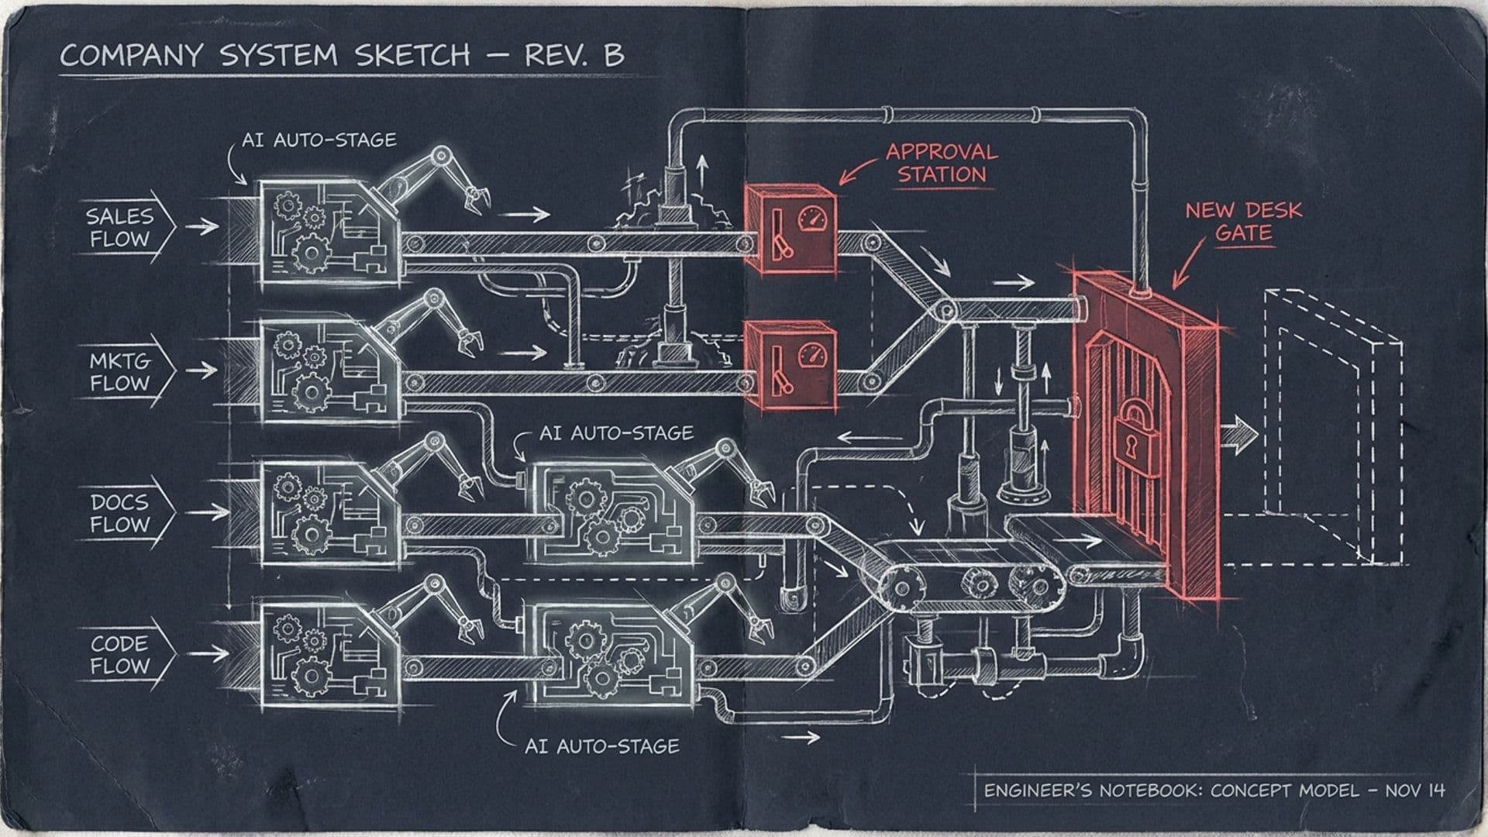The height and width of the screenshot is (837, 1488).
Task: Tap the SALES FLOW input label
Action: [119, 227]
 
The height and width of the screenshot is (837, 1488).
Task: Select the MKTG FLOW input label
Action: [119, 372]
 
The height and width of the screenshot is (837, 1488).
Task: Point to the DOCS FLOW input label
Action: [119, 513]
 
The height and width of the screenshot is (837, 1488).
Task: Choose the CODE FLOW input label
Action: [119, 655]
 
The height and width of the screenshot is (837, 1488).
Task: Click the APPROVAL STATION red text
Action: [942, 163]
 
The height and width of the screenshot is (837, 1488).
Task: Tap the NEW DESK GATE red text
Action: [1243, 221]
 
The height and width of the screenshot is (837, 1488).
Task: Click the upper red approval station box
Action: [790, 229]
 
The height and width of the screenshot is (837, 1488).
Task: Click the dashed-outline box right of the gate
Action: [1332, 426]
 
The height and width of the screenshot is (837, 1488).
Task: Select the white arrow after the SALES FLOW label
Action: [203, 226]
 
